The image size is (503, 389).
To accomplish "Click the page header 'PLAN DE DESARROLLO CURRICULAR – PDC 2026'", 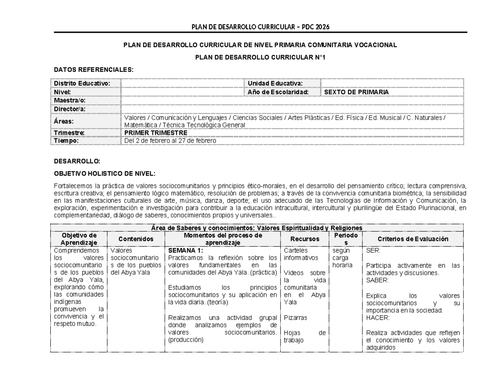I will pyautogui.click(x=260, y=27).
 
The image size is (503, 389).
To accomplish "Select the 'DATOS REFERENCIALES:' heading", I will pyautogui.click(x=94, y=70).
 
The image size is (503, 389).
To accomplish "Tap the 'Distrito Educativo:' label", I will pyautogui.click(x=81, y=84).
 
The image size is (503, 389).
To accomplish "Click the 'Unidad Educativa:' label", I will pyautogui.click(x=275, y=84).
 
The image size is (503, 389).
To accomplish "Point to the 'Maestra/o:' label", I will pyautogui.click(x=70, y=100).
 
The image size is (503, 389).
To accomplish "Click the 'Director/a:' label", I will pyautogui.click(x=70, y=109).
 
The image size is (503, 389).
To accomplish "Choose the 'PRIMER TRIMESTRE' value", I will pyautogui.click(x=156, y=133).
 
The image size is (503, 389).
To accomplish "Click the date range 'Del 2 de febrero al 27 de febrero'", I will pyautogui.click(x=170, y=141).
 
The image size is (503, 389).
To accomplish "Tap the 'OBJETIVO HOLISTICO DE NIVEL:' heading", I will pyautogui.click(x=105, y=173).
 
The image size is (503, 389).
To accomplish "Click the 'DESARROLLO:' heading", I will pyautogui.click(x=77, y=161).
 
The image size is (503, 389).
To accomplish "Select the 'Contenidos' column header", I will pyautogui.click(x=135, y=239).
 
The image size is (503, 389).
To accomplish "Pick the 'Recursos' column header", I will pyautogui.click(x=305, y=239).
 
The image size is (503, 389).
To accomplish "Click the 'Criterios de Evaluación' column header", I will pyautogui.click(x=413, y=239).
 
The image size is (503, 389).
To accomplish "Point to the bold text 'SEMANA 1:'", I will pyautogui.click(x=185, y=251).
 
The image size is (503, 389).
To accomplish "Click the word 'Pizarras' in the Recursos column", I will pyautogui.click(x=295, y=318).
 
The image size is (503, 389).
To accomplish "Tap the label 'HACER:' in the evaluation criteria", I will pyautogui.click(x=378, y=318).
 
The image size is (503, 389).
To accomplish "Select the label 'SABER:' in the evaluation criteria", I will pyautogui.click(x=377, y=280).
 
